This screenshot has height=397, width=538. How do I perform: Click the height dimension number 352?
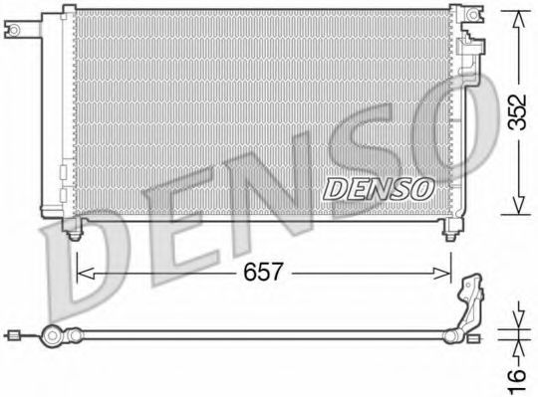pyautogui.click(x=514, y=112)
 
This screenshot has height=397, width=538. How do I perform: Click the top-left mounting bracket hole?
pyautogui.click(x=15, y=31)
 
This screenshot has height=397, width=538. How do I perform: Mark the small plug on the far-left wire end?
pyautogui.click(x=13, y=336)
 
